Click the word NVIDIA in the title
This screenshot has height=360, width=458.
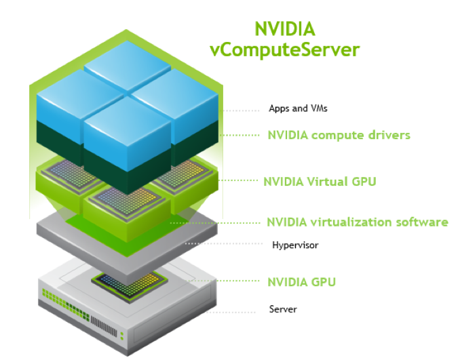[284, 29]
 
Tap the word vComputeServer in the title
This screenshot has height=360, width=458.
[284, 49]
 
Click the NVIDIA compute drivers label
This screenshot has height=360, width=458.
[339, 135]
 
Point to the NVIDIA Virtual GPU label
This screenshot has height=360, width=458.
[319, 182]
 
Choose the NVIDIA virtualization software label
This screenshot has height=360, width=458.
[357, 222]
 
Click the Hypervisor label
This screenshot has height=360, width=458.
[294, 245]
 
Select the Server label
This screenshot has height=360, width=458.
[283, 309]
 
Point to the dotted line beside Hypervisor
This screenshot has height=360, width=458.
[223, 243]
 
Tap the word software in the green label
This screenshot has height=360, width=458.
[423, 222]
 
